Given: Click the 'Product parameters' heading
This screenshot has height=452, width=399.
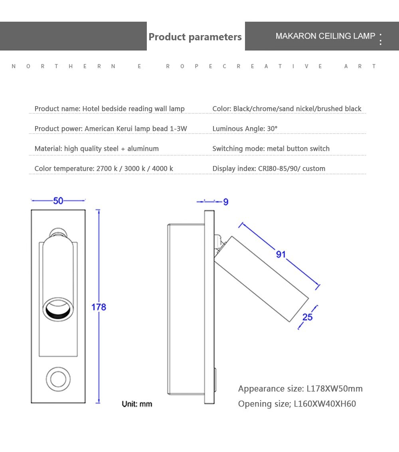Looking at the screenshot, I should point(195,37).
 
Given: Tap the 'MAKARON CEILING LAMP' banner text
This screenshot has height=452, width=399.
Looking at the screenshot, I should point(325,36).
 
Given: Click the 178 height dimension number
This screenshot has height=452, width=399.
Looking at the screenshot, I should point(99,307).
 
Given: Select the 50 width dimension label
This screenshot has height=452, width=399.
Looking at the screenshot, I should point(58,201).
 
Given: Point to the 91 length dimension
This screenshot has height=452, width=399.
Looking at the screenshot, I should point(281,254).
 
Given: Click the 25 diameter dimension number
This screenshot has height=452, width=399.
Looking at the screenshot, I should point(308,317).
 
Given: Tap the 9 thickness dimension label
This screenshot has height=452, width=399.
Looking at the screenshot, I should point(226,202).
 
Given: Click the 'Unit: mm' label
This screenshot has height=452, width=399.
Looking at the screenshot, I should point(137,404).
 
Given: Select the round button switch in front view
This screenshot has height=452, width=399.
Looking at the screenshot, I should point(58,377).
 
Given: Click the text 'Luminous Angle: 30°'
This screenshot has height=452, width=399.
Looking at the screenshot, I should point(245,128).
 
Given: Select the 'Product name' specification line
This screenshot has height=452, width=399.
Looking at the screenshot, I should point(109,109).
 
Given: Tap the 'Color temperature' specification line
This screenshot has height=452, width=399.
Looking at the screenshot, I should point(104,168).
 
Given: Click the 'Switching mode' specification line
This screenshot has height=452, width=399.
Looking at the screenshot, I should point(271,148).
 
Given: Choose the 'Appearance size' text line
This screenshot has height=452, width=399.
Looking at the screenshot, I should point(300,389).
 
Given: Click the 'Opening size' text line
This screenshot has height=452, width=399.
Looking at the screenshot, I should point(297,404).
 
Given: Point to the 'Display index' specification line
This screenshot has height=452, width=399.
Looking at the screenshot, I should point(269,168).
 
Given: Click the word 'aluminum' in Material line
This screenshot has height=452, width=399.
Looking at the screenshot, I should point(143,148).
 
